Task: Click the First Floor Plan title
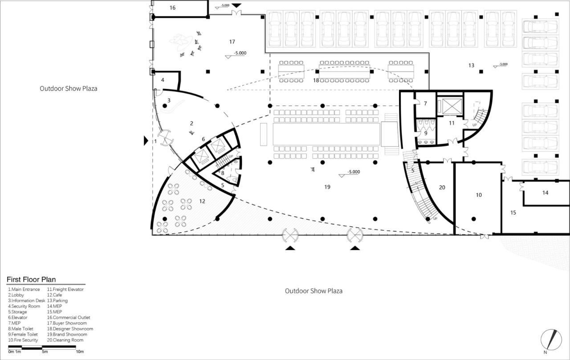31,279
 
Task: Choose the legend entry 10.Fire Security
23,340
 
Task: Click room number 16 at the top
173,8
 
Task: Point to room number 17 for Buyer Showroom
232,42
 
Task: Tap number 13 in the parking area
471,65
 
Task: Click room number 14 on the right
546,193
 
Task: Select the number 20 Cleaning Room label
442,187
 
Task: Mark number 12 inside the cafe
202,201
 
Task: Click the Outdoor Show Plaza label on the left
69,89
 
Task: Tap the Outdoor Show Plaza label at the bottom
313,291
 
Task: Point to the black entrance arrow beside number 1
146,141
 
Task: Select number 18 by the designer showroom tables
316,80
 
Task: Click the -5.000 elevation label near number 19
354,172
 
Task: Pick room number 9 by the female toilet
425,133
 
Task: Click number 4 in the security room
163,80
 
